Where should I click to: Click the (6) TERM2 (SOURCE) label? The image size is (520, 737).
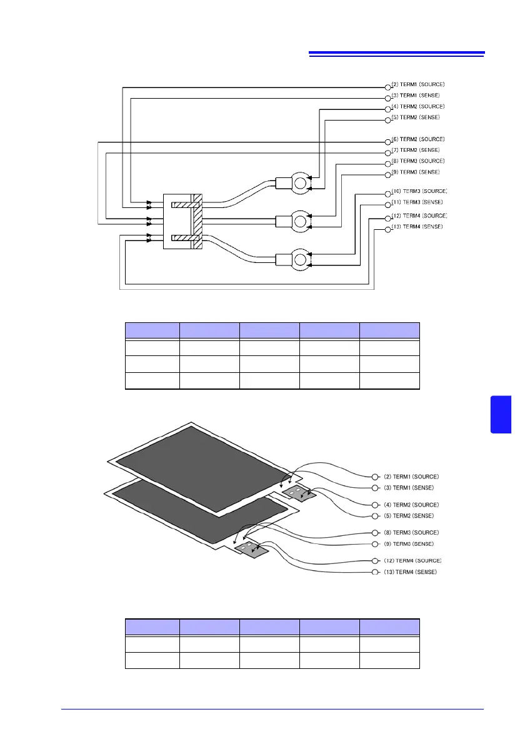(x=418, y=139)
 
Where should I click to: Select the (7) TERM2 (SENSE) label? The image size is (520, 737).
(x=416, y=150)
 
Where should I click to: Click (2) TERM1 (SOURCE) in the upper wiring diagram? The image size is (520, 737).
(x=418, y=84)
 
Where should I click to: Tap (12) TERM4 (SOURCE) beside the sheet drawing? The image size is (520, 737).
(x=415, y=561)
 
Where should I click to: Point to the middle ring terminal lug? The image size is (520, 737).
(x=300, y=220)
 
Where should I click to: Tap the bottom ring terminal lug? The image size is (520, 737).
(x=300, y=259)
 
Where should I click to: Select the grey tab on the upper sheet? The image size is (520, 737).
(x=299, y=495)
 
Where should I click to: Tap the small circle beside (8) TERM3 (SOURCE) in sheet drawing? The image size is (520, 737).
(x=375, y=533)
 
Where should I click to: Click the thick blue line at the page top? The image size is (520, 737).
(x=396, y=53)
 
